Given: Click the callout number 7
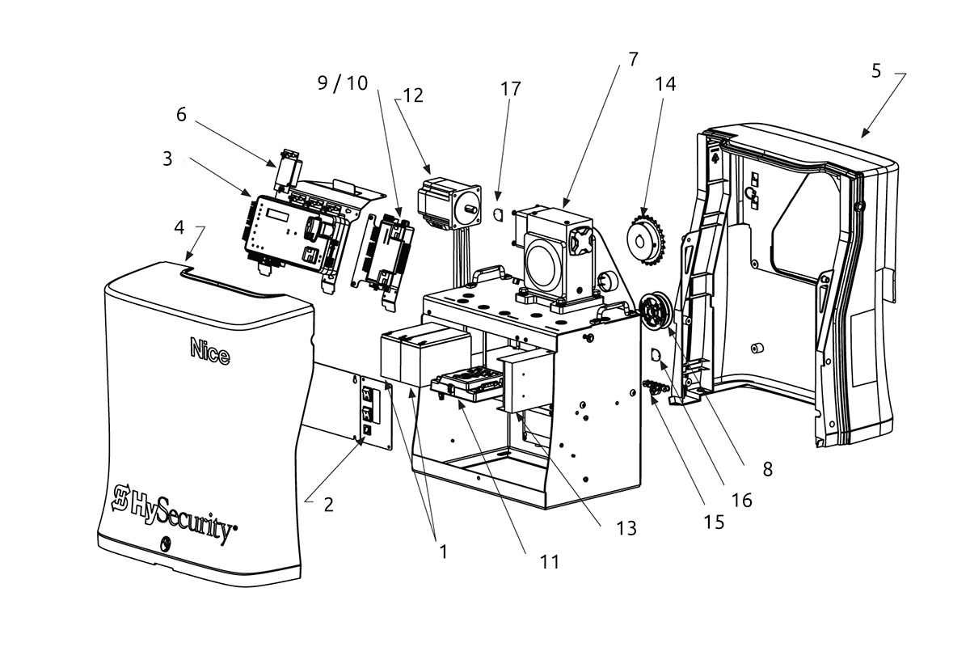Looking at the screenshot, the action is point(633,60).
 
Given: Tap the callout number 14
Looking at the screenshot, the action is point(665,84).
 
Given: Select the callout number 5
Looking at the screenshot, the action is point(876,71).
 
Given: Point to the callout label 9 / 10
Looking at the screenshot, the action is point(343,82).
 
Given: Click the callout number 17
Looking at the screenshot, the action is point(511,89).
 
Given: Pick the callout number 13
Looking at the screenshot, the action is point(626,528).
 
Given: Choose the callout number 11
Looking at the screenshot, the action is point(550,562).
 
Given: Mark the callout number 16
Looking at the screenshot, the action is point(741,501).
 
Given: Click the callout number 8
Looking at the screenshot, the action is point(767,469).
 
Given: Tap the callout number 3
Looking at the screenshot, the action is point(167,159).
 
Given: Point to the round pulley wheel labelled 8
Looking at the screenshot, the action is point(656,313).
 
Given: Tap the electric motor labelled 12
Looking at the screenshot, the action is point(449,202).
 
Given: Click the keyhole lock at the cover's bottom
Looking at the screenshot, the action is point(165,543).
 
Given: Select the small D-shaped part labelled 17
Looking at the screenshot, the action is point(499,214).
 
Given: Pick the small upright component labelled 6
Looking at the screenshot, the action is point(288,171).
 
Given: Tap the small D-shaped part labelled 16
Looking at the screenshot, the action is point(656,355).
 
